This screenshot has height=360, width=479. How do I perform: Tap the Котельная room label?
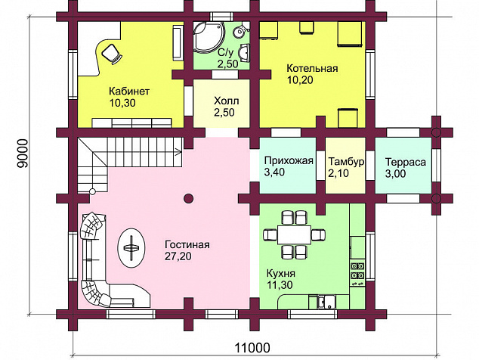(312, 68)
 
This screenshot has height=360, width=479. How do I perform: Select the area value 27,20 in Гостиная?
(178, 256)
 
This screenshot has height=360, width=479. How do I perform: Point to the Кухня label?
(281, 273)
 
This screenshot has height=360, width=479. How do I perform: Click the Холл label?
(227, 101)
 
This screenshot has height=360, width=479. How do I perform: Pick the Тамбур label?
(346, 162)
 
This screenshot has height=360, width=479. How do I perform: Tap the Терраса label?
(406, 162)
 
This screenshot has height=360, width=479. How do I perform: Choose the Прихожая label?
(289, 160)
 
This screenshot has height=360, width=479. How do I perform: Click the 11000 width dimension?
(252, 348)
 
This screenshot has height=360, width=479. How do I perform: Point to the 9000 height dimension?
(23, 154)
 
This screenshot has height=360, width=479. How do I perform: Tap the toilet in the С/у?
(241, 30)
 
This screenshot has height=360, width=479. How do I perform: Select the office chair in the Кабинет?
(112, 53)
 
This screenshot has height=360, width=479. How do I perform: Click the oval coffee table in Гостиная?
(131, 248)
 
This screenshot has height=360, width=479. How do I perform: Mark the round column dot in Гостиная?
(189, 198)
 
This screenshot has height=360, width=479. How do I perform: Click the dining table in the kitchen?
(294, 235)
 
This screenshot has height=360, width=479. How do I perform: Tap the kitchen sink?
(326, 302)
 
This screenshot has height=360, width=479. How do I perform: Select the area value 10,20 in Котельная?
(300, 80)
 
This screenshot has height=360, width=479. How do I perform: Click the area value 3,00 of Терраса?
(395, 174)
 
